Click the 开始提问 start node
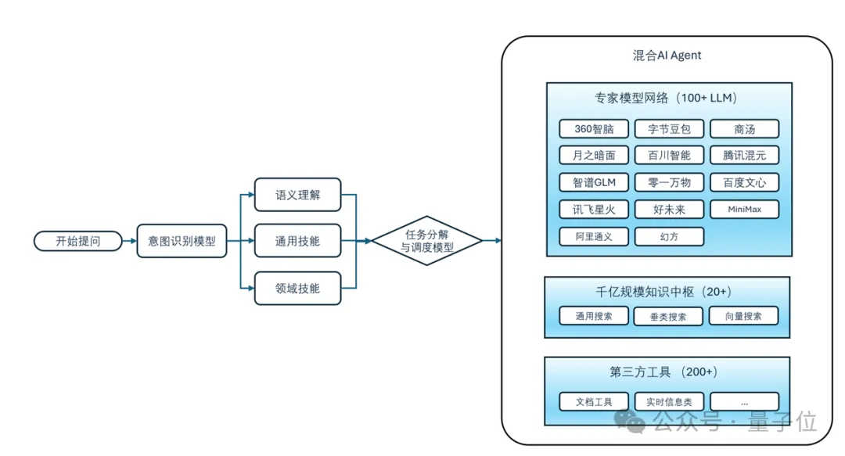[78, 241]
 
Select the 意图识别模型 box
[182, 241]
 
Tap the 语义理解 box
[297, 195]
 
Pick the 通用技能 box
[297, 241]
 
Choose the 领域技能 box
[297, 288]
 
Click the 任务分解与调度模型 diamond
[426, 241]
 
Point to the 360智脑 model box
[594, 129]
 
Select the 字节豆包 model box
[669, 129]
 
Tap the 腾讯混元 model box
[744, 156]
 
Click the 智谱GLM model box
[594, 182]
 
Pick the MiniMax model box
[744, 210]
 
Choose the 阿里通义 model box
[594, 236]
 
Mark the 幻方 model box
[669, 236]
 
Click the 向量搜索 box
[744, 316]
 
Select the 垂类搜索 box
[669, 316]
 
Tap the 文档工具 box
[594, 401]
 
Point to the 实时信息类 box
[669, 401]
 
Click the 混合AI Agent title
[667, 56]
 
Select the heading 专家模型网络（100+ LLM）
[667, 99]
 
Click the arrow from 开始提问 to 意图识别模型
[129, 241]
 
